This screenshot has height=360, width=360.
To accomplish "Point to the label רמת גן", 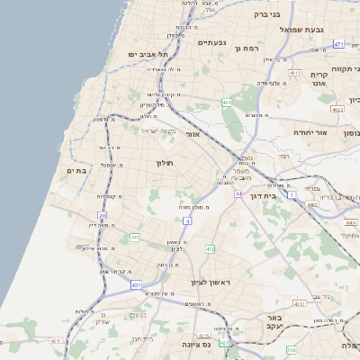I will (x=245, y=47).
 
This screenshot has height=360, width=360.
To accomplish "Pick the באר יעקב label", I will (x=268, y=323).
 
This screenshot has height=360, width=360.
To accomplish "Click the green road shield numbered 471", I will (x=338, y=43).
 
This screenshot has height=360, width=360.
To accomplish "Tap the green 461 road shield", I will (x=226, y=103).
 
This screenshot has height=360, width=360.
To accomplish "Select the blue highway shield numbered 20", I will (x=103, y=215).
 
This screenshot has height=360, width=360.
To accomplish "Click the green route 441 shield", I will (x=134, y=237).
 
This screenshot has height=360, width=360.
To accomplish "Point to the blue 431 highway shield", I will (x=137, y=284).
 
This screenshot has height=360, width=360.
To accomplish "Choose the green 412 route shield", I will (x=210, y=248).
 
